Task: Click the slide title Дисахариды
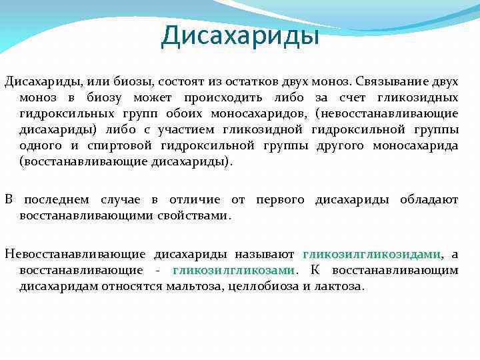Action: click(240, 35)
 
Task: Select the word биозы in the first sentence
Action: click(133, 81)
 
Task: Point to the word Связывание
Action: click(389, 81)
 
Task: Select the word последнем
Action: click(58, 200)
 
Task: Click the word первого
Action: click(280, 200)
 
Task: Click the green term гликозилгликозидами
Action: click(372, 255)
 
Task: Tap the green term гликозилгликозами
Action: click(233, 270)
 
